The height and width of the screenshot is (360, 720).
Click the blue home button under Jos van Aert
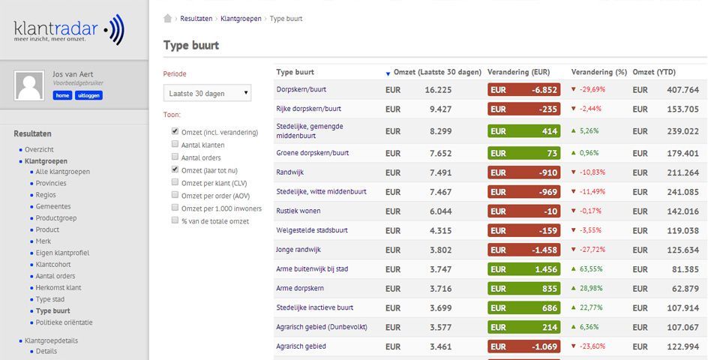click(x=62, y=95)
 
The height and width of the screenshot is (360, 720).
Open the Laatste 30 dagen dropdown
click(x=208, y=93)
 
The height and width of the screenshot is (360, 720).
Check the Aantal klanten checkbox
click(x=175, y=145)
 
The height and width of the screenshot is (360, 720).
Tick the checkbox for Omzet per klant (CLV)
click(x=175, y=183)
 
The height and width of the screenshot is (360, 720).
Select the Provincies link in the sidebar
click(x=51, y=183)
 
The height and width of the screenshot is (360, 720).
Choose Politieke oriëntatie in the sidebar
click(x=64, y=322)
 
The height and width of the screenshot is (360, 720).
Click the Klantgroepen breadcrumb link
click(x=241, y=19)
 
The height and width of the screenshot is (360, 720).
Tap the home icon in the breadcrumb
click(x=168, y=19)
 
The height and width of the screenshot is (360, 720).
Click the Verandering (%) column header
click(x=598, y=72)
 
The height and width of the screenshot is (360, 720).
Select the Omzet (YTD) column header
click(x=654, y=72)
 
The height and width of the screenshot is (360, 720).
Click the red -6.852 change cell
click(x=523, y=89)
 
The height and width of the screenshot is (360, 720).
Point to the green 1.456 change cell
click(x=523, y=269)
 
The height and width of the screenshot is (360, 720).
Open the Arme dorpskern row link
click(x=299, y=288)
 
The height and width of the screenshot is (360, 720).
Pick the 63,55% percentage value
click(x=592, y=269)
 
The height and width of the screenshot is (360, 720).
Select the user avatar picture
click(x=30, y=86)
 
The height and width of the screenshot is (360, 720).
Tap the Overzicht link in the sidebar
click(x=39, y=149)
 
